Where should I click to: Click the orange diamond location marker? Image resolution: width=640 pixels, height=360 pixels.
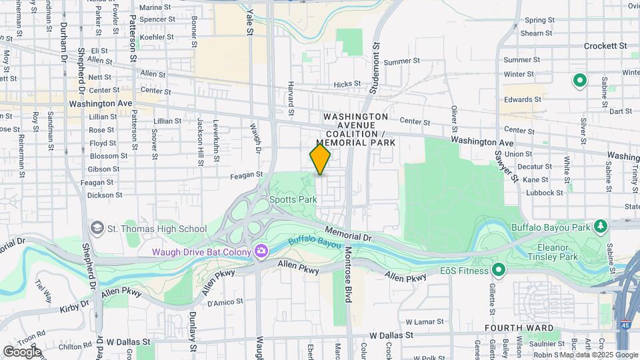point(320,159)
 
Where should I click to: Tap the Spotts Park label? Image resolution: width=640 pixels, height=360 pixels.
point(293,199)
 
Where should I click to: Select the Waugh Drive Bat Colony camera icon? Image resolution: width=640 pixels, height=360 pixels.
point(261,251)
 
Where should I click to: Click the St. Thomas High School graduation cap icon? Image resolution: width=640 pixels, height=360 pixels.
point(98,229)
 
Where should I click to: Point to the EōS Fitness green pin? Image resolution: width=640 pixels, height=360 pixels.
point(498,269)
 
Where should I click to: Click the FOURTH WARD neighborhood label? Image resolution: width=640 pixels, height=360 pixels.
point(518,328)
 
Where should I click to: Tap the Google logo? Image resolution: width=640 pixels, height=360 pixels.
point(21,351)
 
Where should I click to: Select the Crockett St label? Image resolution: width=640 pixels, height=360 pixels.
point(605,46)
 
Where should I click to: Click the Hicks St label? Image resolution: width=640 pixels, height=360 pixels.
point(347,85)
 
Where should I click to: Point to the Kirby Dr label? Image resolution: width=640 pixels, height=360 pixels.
point(73,305)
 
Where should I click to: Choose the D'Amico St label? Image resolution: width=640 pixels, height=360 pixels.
point(225,302)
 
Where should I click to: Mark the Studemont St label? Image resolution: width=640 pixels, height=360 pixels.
point(376,59)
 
